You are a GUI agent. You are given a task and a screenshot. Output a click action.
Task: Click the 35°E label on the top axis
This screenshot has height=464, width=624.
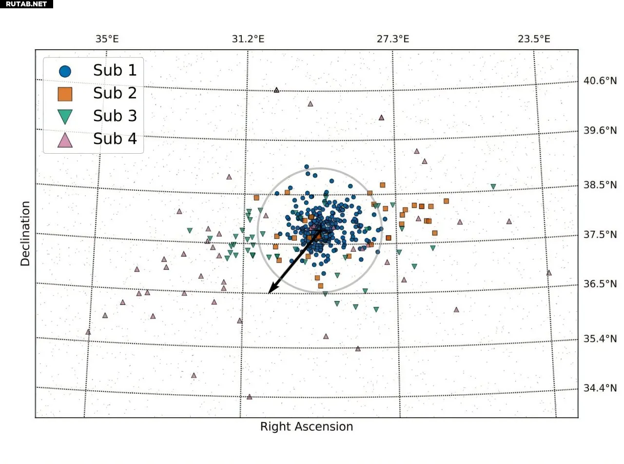(107, 39)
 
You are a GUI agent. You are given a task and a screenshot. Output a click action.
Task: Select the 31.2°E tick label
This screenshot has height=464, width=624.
(248, 39)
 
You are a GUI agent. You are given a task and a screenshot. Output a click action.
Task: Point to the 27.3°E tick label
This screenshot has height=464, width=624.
(392, 39)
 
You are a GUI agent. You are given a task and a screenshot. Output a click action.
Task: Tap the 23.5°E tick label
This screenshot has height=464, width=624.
(534, 39)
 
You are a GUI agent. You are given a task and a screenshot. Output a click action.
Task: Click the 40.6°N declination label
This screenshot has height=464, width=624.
(600, 81)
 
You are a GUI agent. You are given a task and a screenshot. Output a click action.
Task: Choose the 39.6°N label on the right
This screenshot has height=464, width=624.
(600, 130)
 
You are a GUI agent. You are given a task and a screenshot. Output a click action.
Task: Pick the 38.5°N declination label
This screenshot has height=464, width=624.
(600, 185)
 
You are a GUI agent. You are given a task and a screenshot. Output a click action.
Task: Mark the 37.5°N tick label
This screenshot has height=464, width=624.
(600, 235)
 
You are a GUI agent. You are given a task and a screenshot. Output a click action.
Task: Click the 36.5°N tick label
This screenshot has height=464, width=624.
(600, 284)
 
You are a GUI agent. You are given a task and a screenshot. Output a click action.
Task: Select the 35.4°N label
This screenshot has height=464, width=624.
(600, 339)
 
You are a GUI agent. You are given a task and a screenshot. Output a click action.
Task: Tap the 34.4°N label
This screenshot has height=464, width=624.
(600, 388)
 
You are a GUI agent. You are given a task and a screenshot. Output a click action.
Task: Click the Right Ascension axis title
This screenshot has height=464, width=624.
(306, 427)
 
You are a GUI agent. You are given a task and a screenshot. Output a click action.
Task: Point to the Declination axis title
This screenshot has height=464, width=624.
(25, 233)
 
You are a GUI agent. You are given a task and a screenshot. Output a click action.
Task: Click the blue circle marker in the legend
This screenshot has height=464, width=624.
(65, 71)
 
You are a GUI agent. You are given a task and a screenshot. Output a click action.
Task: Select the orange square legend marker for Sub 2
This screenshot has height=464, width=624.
(65, 93)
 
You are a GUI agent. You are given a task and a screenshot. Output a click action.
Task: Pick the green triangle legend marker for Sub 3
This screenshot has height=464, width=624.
(65, 117)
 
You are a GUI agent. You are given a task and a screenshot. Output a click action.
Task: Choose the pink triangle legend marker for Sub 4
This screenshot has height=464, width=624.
(65, 141)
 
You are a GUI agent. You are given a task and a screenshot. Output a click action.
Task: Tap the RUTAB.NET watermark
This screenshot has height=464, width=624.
(26, 4)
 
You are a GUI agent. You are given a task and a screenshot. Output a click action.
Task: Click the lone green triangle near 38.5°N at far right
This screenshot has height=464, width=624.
(493, 187)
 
